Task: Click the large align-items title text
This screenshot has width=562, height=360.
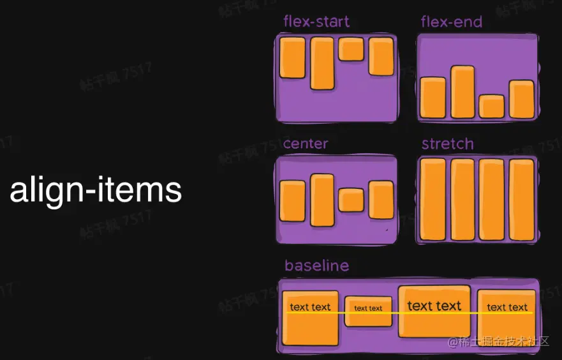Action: coord(96,190)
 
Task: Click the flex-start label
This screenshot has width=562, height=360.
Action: coord(316,22)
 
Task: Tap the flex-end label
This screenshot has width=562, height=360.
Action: coord(452,22)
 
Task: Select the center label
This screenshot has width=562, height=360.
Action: coord(306,144)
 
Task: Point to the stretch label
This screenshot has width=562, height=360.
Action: coord(448,144)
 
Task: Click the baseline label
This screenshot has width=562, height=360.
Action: coord(317,266)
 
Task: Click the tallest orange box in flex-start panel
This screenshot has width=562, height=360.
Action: coord(322,63)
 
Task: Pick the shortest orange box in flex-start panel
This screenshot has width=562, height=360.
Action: coord(351,49)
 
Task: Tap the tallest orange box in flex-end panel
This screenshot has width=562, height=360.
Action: coord(462,92)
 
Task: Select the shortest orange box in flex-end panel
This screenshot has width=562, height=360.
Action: coord(491,106)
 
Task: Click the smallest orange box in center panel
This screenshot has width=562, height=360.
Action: coord(351,200)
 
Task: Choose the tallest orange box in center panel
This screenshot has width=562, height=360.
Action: coord(322,200)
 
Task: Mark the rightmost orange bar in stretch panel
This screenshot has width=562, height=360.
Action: coord(521,199)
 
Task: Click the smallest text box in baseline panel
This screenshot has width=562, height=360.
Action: coord(368,311)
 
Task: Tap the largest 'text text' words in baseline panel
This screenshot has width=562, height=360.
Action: coord(434,306)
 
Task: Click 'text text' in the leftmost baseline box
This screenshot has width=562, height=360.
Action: coord(311,307)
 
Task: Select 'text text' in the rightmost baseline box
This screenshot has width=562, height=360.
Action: coord(507,307)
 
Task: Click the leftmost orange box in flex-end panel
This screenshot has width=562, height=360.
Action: coord(433,97)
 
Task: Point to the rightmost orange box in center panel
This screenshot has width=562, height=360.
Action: coord(381,200)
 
